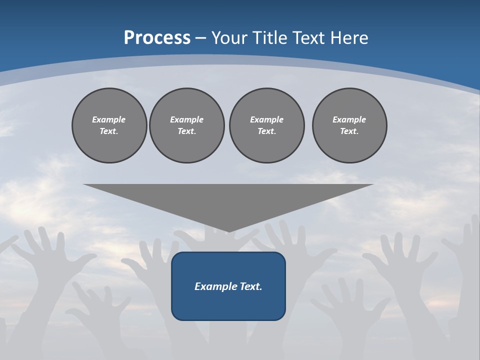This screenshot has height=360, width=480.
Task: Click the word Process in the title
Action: tap(157, 37)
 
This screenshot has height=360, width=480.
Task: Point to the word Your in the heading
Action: tap(229, 37)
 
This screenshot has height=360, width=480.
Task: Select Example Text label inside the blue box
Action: tap(228, 286)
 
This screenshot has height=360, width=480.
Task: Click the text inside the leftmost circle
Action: tap(109, 125)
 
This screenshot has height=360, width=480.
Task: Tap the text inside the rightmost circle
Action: tap(349, 125)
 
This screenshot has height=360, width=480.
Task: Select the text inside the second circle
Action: tap(186, 125)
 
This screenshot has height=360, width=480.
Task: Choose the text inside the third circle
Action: tap(266, 125)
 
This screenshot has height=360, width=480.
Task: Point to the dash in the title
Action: tap(201, 38)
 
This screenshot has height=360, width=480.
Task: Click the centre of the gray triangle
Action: tap(228, 200)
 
